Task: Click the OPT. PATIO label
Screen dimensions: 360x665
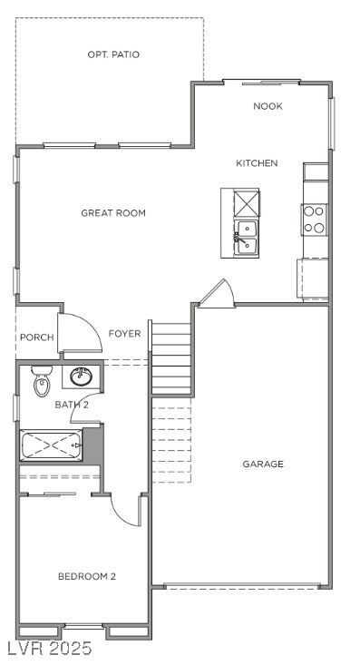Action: point(113,54)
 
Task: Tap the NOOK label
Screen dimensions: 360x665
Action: point(268,106)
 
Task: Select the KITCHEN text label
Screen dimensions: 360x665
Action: point(257,163)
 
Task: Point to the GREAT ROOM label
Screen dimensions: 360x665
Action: point(113,213)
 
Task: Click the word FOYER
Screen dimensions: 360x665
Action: point(124,334)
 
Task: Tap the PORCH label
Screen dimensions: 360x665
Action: point(37,337)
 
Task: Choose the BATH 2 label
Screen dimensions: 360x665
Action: point(72,405)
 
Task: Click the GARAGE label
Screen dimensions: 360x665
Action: point(263,464)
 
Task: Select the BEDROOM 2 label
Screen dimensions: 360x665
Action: point(87,576)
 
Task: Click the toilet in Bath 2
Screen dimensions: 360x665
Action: point(42,381)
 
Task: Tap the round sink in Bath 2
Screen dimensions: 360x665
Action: point(81,377)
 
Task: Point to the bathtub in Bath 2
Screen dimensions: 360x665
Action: point(52,445)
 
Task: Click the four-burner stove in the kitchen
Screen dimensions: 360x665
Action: point(314,220)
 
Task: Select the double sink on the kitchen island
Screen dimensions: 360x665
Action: point(246,238)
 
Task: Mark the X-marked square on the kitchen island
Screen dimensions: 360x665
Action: point(246,203)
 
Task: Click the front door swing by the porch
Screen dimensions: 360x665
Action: point(80,333)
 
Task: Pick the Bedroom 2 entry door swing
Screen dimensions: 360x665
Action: point(125,509)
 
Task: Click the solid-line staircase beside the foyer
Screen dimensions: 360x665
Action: point(171,358)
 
